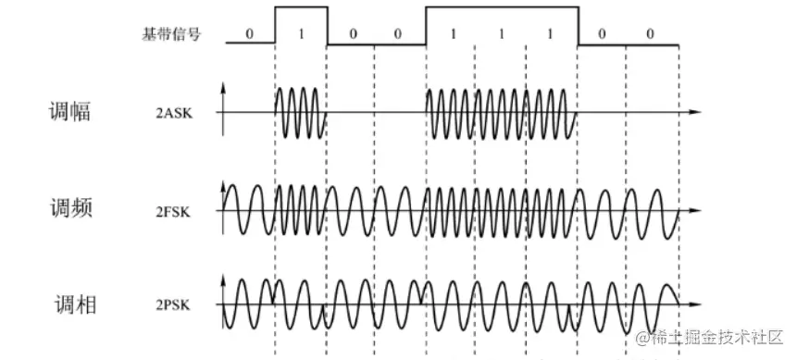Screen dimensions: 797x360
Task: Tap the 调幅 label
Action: click(70, 113)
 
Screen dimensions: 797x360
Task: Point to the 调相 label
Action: click(73, 304)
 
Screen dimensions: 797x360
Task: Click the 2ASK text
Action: click(175, 114)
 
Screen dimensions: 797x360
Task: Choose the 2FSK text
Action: click(175, 211)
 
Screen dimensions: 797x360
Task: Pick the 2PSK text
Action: click(175, 305)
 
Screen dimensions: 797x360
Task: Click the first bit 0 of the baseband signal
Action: click(249, 33)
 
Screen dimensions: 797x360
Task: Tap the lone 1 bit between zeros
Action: click(301, 33)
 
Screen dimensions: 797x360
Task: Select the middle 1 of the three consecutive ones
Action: click(501, 33)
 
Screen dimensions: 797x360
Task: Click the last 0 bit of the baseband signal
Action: click(651, 33)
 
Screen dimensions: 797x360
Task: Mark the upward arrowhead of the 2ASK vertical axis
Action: click(223, 89)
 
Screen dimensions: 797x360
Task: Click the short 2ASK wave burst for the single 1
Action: click(301, 113)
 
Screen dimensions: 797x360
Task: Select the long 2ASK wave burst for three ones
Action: click(501, 113)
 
